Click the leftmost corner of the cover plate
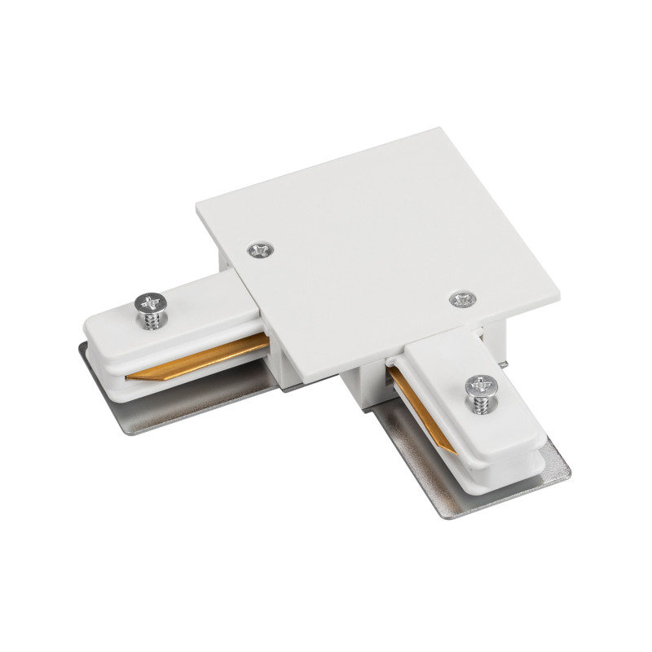click(196, 208)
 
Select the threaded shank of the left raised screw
click(152, 319)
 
